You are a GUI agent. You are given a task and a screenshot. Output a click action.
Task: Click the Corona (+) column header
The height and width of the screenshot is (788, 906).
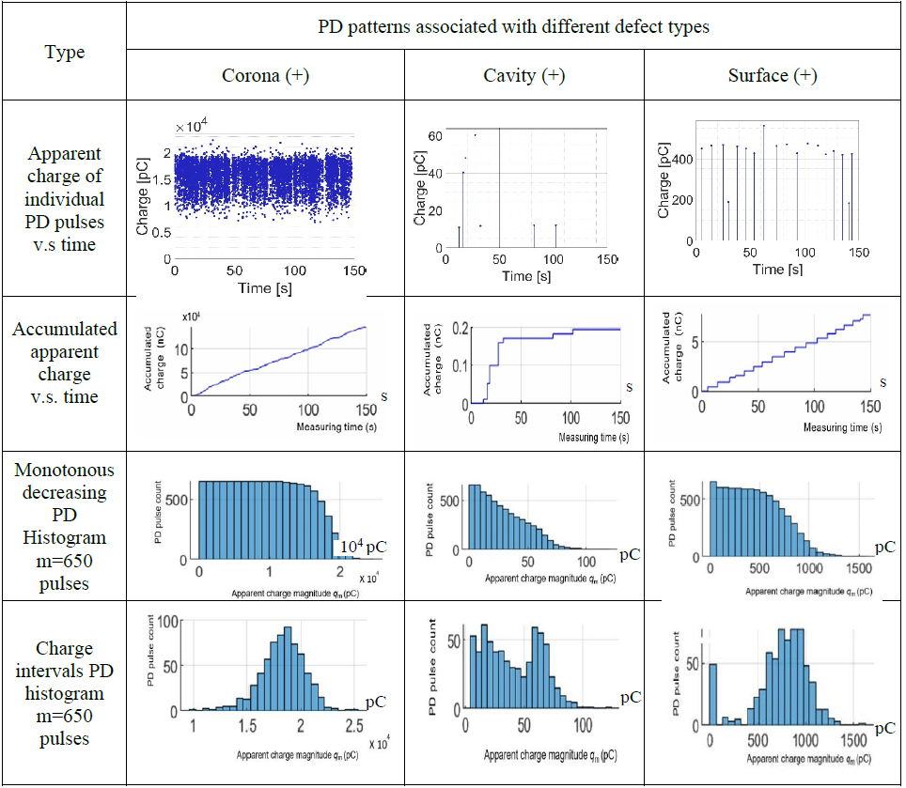tap(265, 76)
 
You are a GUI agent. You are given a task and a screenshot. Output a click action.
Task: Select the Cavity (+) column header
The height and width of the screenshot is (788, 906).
tap(524, 76)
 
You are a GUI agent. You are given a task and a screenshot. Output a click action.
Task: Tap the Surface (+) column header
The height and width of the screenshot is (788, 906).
tap(772, 76)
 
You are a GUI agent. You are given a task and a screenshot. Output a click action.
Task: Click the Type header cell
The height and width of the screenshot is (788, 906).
tap(64, 52)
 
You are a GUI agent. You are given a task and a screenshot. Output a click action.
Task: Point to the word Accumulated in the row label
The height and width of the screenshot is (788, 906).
tap(65, 329)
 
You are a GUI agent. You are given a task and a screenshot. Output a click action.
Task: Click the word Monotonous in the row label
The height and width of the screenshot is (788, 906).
tap(64, 469)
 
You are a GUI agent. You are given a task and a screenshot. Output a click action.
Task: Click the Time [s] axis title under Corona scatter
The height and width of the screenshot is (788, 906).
tap(265, 288)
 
